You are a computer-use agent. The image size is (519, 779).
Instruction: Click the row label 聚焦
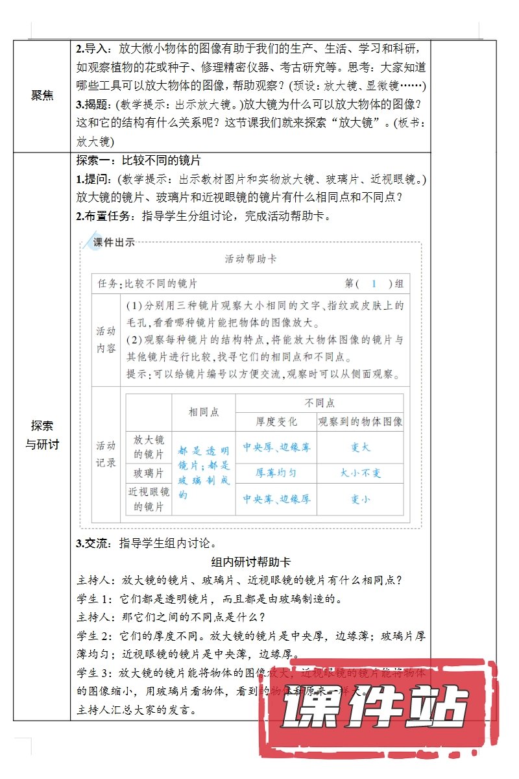pos(42,95)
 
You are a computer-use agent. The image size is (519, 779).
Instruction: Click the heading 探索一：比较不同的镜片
pos(140,161)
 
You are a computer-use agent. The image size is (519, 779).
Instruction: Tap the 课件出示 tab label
pos(114,243)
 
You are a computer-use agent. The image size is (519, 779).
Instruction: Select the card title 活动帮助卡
pos(250,259)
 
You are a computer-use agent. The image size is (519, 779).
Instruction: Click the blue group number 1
pos(374,284)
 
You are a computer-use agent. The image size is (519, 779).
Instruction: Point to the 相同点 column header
pos(204,412)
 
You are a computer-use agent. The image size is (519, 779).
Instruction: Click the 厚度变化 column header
pos(276,422)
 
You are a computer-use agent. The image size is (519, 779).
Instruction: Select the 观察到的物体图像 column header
pos(361,422)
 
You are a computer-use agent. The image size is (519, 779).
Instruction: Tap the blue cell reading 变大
pos(361,447)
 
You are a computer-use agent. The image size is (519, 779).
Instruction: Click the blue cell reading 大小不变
pos(361,473)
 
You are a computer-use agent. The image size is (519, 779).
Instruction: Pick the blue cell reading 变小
pos(361,499)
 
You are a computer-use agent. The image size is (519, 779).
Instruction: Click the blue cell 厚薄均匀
pos(276,473)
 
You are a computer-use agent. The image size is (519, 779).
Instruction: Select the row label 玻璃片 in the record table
pos(149,473)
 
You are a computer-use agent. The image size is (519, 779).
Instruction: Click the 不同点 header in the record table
pos(319,403)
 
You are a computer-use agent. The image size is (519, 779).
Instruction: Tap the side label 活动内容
pos(106,340)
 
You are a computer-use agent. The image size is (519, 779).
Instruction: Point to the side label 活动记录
pos(106,454)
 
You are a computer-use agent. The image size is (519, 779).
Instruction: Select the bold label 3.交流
pos(95,544)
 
